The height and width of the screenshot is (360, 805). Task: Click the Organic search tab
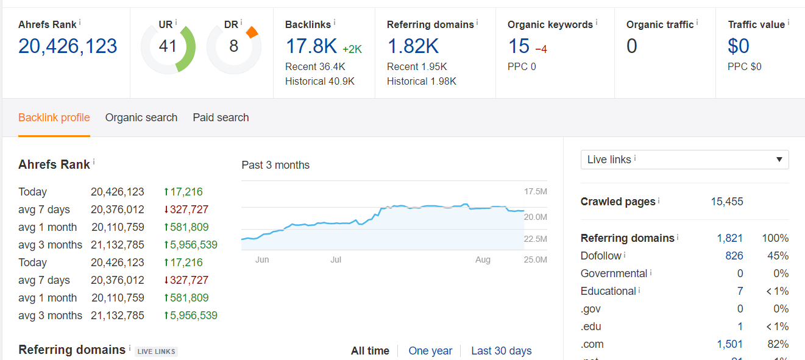tap(141, 118)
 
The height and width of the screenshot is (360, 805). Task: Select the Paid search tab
tap(221, 118)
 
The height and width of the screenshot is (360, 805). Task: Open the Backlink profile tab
tap(54, 118)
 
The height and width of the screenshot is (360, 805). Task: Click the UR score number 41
tap(168, 46)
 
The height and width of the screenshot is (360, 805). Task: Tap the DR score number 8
tap(233, 46)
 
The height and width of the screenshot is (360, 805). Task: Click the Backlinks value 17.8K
tap(311, 46)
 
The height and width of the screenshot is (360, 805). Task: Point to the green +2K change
tap(352, 49)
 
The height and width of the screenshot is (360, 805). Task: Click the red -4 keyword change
tap(541, 49)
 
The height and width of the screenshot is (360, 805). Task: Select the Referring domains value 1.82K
tap(413, 46)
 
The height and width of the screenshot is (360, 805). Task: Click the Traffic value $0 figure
tap(739, 46)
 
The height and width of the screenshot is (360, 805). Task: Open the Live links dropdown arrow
tap(779, 160)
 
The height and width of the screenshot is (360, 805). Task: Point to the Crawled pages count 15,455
tap(726, 202)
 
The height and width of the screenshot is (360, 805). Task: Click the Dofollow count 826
tap(734, 256)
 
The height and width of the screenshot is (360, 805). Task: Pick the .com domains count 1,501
tap(729, 344)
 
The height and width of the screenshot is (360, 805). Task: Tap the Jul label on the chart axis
tap(336, 259)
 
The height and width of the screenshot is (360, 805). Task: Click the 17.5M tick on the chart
tap(536, 191)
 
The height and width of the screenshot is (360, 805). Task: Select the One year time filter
tap(430, 351)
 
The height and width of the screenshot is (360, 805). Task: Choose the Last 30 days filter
tap(502, 351)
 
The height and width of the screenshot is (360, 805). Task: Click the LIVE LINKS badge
tap(157, 351)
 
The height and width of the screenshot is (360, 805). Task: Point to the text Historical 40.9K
tap(320, 82)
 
